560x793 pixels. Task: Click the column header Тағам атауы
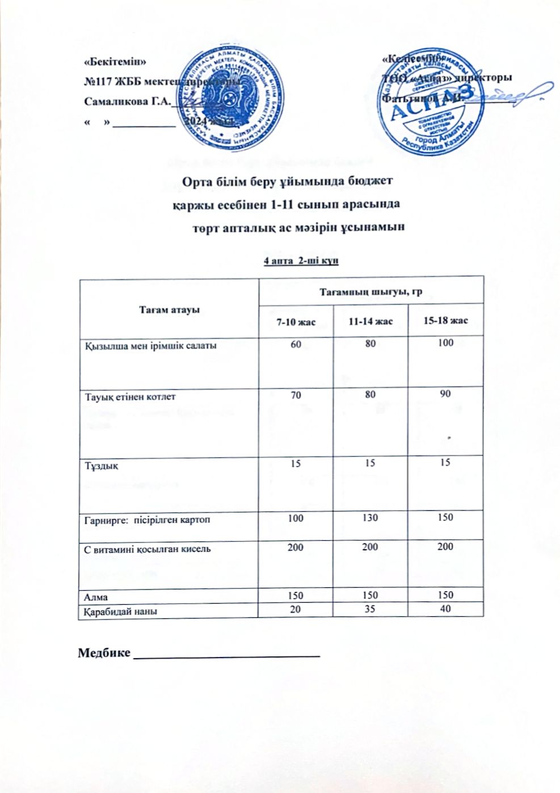169,310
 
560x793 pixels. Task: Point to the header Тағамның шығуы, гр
371,292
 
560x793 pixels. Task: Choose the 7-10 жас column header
296,322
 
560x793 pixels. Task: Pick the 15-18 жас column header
445,321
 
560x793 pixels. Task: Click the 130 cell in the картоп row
370,518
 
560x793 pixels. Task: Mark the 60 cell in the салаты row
296,343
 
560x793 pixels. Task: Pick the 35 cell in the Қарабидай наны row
370,609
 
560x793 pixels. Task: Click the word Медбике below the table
103,653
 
